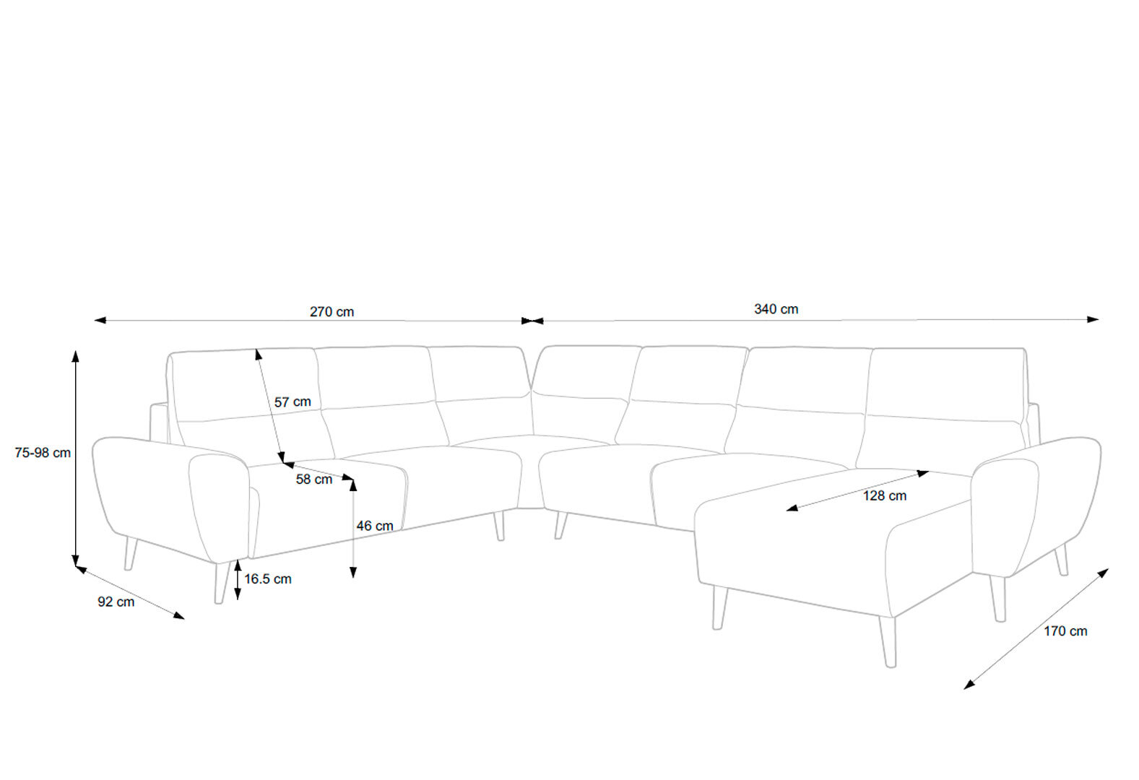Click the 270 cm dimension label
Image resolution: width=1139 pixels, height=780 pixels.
point(332,312)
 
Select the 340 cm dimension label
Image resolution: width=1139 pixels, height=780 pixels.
point(776,309)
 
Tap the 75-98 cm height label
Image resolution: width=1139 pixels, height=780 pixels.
point(43,453)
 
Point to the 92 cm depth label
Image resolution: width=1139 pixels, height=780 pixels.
point(116,602)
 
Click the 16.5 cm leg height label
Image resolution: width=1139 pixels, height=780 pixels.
point(268,578)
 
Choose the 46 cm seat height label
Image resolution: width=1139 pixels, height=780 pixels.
point(375,526)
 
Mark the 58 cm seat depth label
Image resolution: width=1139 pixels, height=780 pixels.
point(313,479)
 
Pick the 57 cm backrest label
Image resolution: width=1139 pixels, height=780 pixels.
point(293,402)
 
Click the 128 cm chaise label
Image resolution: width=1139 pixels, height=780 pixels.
point(884,495)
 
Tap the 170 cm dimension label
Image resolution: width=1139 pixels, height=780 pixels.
point(1065,631)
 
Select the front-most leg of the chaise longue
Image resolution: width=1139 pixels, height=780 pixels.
point(888,642)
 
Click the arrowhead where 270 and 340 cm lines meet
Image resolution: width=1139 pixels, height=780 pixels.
point(532,321)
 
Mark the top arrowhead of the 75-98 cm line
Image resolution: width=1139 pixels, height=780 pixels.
point(75,355)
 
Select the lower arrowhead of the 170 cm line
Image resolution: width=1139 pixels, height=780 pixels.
point(969,685)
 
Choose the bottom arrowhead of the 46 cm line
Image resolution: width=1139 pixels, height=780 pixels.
point(353,573)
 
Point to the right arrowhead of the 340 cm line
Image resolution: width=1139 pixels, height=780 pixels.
point(1093,319)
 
